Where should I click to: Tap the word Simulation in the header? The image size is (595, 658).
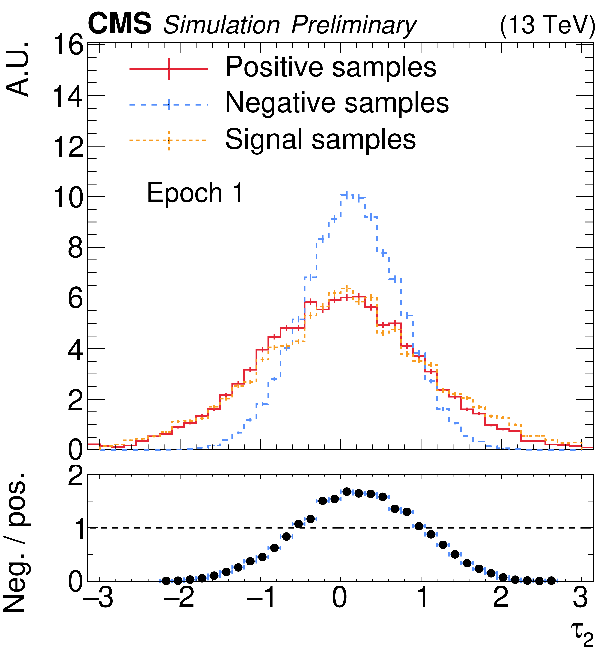point(221,25)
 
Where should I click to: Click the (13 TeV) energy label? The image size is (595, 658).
point(547,25)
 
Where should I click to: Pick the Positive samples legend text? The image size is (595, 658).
point(331,67)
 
